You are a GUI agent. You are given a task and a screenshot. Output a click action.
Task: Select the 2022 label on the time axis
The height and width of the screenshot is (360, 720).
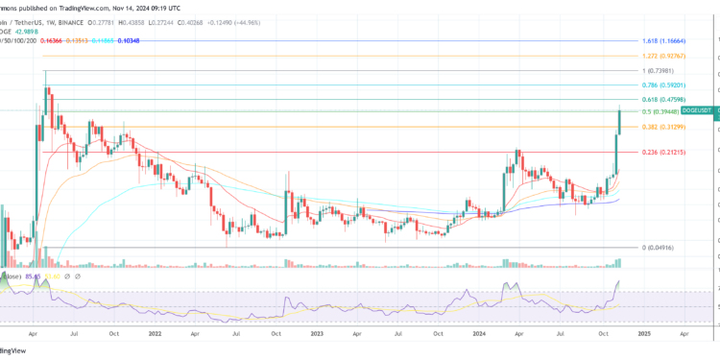[155, 336]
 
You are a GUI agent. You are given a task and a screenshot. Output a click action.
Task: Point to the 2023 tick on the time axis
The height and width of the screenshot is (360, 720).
[316, 336]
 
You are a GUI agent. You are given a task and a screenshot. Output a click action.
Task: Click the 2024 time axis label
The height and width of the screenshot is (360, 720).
[482, 336]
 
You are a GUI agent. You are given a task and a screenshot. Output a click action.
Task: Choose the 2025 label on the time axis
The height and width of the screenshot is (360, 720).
[643, 336]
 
